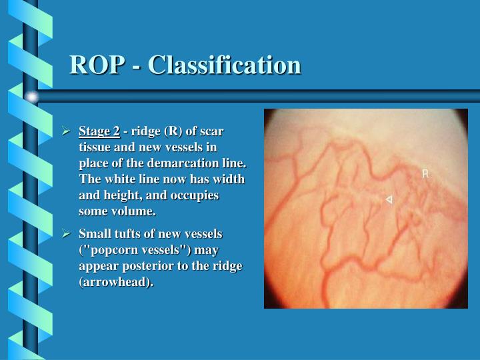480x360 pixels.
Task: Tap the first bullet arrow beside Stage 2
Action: pyautogui.click(x=67, y=131)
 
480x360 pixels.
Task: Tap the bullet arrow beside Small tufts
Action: pyautogui.click(x=67, y=234)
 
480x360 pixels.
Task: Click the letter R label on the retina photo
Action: pyautogui.click(x=425, y=174)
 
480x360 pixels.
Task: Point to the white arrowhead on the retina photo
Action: pyautogui.click(x=389, y=199)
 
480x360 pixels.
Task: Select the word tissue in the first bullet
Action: pyautogui.click(x=96, y=147)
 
